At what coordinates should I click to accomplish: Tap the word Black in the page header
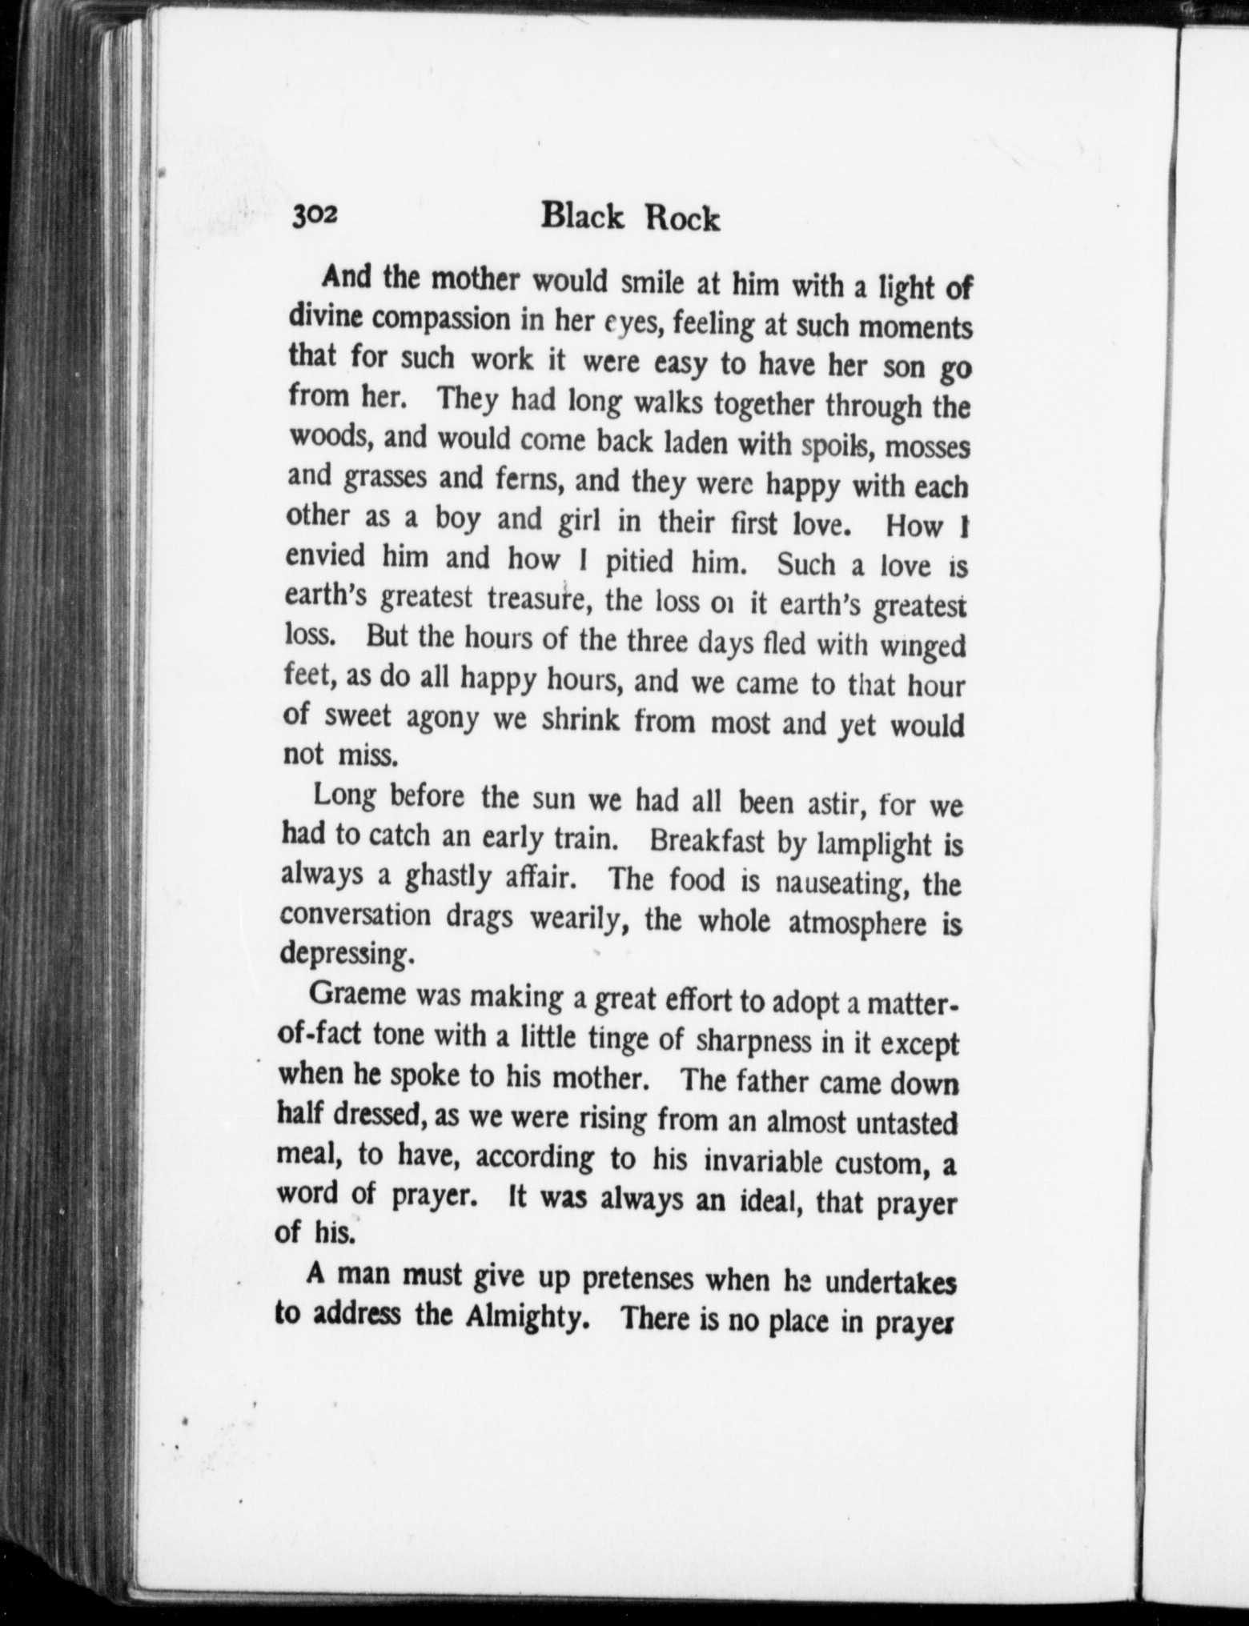click(582, 216)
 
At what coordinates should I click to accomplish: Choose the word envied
click(326, 555)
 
